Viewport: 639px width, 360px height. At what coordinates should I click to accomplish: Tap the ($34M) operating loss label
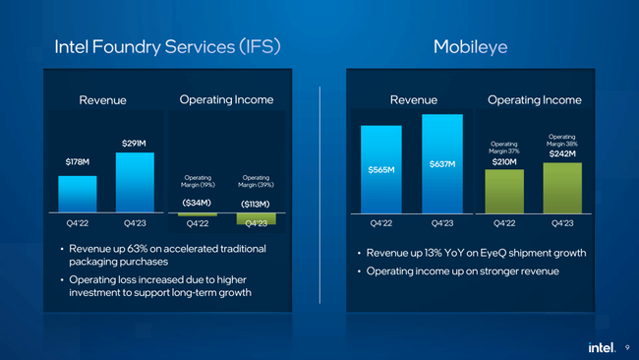pyautogui.click(x=198, y=203)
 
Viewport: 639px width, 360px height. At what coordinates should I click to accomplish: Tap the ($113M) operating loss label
pyautogui.click(x=256, y=204)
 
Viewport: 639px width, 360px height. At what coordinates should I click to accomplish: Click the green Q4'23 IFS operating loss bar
pyautogui.click(x=256, y=218)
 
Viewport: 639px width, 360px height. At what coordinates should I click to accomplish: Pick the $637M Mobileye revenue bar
pyautogui.click(x=442, y=164)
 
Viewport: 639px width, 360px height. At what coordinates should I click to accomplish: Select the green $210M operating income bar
pyautogui.click(x=504, y=192)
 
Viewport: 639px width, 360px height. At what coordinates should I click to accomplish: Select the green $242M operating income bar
pyautogui.click(x=562, y=188)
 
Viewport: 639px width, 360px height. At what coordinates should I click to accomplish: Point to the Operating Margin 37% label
pyautogui.click(x=504, y=147)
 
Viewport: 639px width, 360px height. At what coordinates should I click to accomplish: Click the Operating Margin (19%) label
pyautogui.click(x=198, y=181)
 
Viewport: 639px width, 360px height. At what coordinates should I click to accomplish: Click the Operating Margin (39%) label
pyautogui.click(x=256, y=181)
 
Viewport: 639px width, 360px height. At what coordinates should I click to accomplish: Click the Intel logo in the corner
pyautogui.click(x=601, y=346)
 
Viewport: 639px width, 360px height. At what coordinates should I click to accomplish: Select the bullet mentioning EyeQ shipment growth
pyautogui.click(x=477, y=253)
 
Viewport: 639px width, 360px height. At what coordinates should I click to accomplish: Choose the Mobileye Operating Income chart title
pyautogui.click(x=534, y=99)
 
